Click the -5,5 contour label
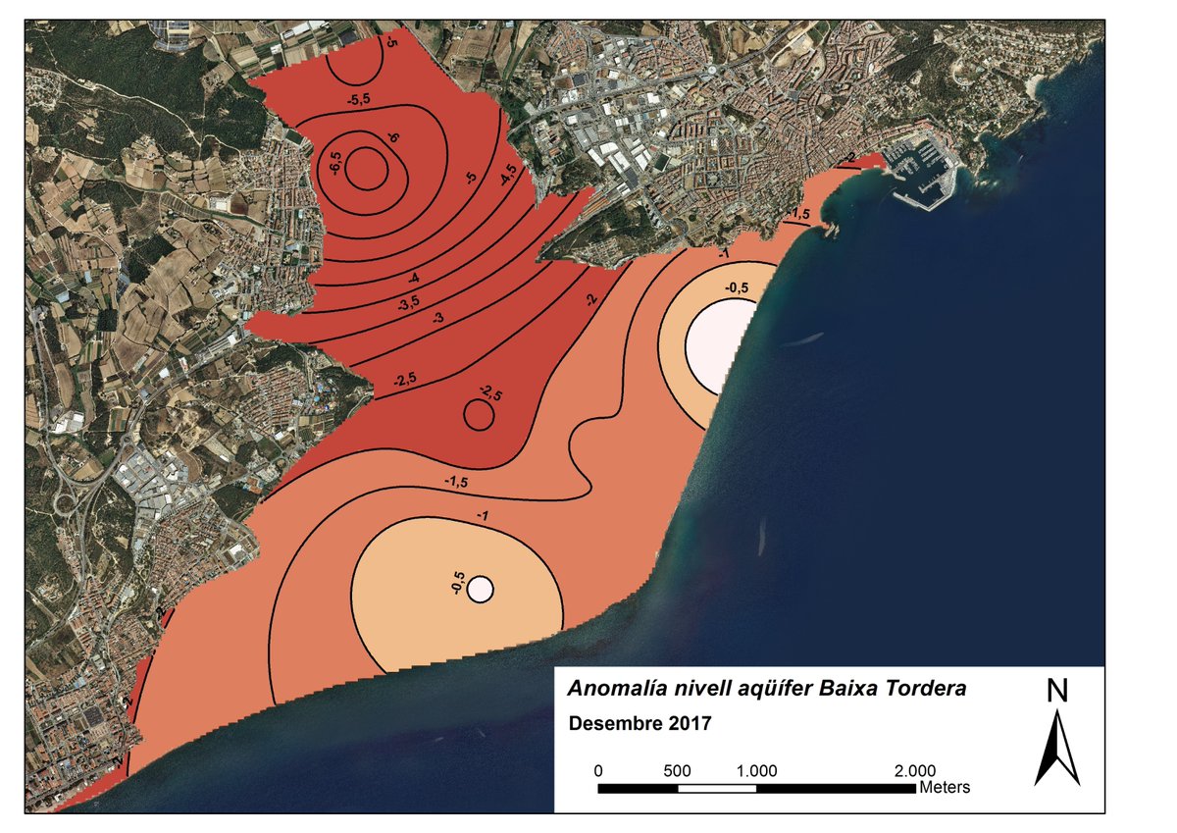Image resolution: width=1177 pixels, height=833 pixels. pyautogui.click(x=358, y=99)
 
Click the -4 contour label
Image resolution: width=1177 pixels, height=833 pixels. pyautogui.click(x=414, y=277)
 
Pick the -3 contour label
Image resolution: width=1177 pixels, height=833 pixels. pyautogui.click(x=437, y=319)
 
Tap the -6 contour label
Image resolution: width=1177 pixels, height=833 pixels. pyautogui.click(x=393, y=139)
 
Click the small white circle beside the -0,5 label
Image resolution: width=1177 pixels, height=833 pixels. pyautogui.click(x=480, y=589)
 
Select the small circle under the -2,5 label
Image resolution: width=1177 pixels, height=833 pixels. pyautogui.click(x=479, y=416)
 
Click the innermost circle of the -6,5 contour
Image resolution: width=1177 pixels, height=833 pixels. pyautogui.click(x=367, y=168)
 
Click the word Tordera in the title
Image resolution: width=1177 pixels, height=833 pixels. pyautogui.click(x=926, y=689)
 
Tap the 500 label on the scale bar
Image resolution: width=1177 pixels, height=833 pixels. pyautogui.click(x=677, y=771)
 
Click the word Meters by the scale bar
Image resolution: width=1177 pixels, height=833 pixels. pyautogui.click(x=945, y=787)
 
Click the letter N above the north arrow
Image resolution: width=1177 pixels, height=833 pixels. pyautogui.click(x=1056, y=691)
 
